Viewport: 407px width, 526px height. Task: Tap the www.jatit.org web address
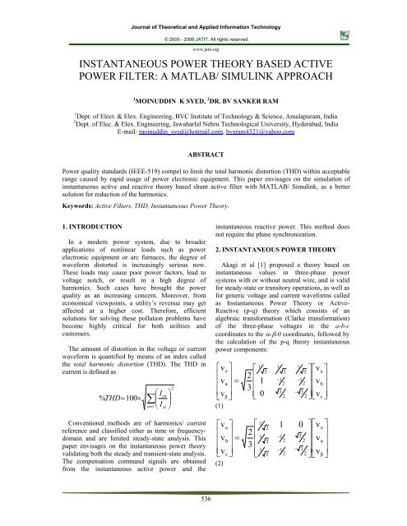click(x=203, y=38)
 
